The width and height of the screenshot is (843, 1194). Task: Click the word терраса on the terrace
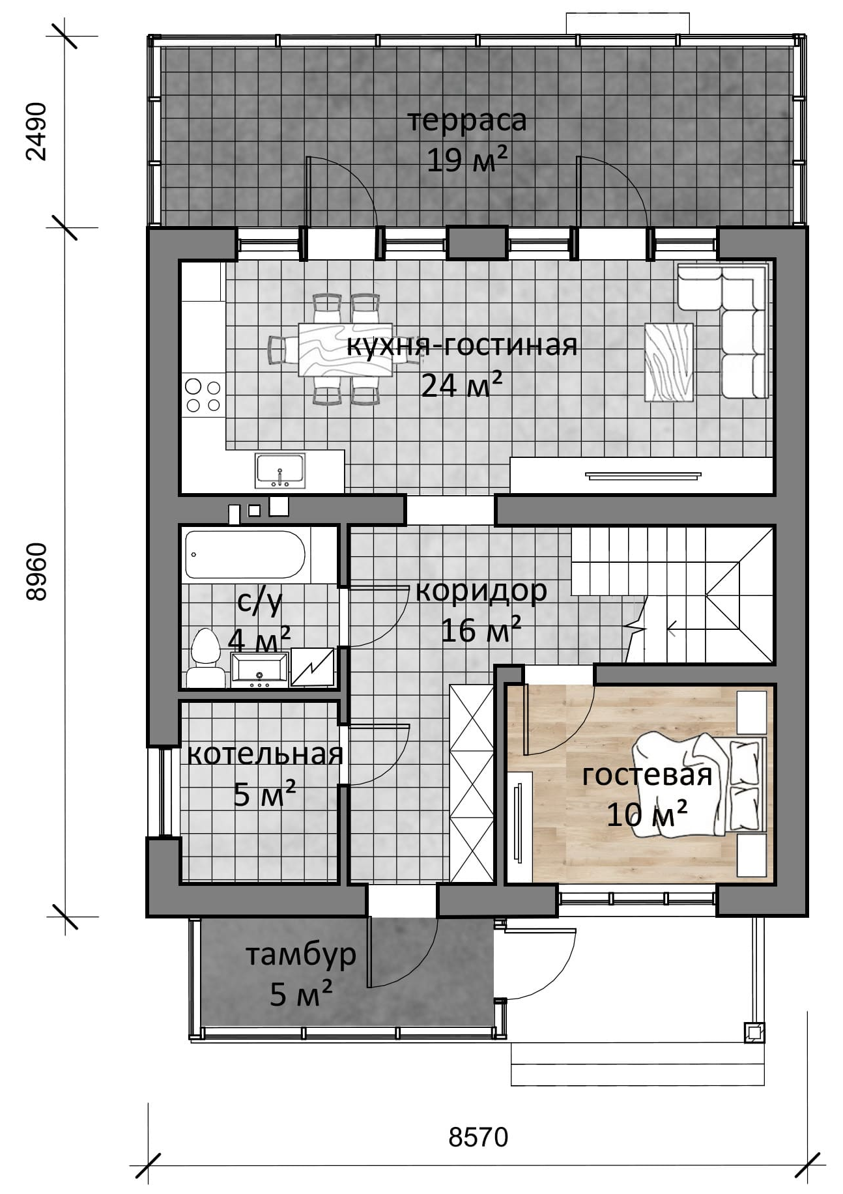click(x=466, y=121)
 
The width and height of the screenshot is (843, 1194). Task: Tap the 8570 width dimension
click(x=478, y=1137)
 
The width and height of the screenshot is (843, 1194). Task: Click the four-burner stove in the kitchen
click(x=203, y=395)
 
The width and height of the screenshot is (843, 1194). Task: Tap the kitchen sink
click(x=279, y=471)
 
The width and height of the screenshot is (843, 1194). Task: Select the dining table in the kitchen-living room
click(x=345, y=350)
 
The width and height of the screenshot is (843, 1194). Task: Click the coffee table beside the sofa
click(x=669, y=362)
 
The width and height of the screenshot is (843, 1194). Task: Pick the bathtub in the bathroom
click(x=245, y=555)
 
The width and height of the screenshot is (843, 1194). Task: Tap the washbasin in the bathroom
click(x=259, y=670)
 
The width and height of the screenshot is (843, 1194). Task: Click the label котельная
click(x=264, y=754)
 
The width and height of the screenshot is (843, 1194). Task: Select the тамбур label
click(x=300, y=955)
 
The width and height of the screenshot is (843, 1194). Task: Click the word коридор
click(x=481, y=591)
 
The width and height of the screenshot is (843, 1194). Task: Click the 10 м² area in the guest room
click(x=647, y=814)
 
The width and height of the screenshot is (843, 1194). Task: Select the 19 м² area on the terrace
click(x=466, y=160)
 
